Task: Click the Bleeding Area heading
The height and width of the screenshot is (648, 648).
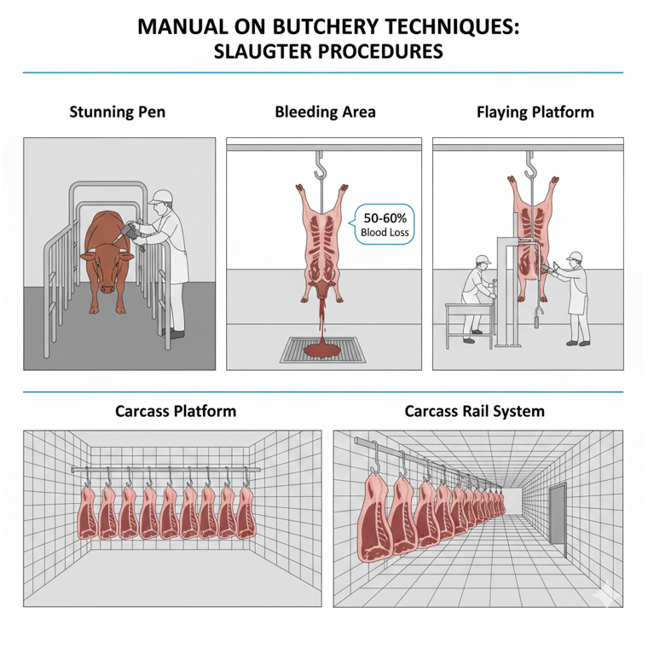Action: (325, 112)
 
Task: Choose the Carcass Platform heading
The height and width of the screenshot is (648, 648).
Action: (176, 411)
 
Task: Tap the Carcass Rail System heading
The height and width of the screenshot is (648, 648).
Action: (474, 411)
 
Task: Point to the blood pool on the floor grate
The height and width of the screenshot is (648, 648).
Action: (321, 349)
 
